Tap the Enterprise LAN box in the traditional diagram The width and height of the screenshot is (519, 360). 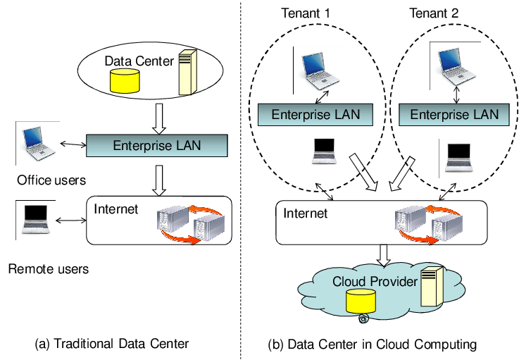click(157, 147)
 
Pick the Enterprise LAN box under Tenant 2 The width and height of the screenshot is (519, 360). click(454, 114)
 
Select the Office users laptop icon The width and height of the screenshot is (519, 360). click(35, 142)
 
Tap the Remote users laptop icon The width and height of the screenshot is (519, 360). click(35, 218)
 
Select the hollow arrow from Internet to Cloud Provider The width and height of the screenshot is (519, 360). click(383, 255)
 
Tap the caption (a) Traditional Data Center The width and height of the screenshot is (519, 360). click(112, 344)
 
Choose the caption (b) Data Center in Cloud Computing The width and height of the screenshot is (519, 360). click(373, 345)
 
